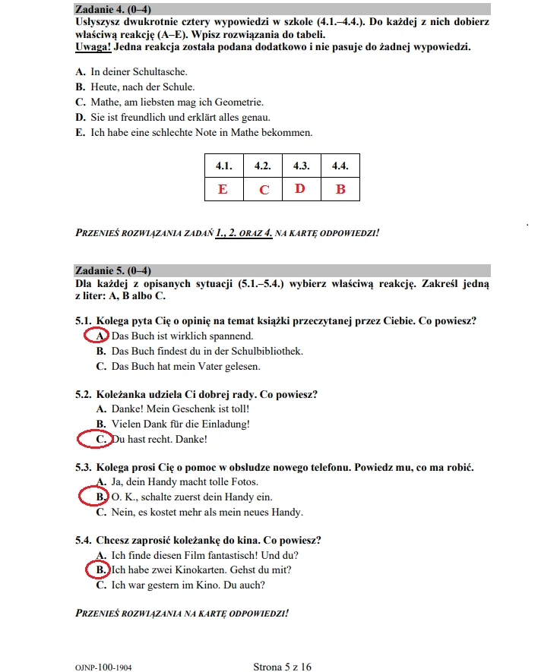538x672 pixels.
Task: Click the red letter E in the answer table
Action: click(x=223, y=189)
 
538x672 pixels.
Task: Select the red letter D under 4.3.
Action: click(x=300, y=188)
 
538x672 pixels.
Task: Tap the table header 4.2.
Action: click(x=263, y=166)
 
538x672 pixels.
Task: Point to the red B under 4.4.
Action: click(x=340, y=189)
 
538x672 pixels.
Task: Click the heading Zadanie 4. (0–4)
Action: click(x=112, y=9)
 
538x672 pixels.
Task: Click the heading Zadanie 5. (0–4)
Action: click(x=112, y=270)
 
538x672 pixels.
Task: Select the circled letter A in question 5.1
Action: click(x=101, y=336)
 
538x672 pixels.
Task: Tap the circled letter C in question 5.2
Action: click(x=101, y=439)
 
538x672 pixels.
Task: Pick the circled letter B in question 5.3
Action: click(x=101, y=497)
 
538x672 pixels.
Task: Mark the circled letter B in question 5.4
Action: click(x=101, y=569)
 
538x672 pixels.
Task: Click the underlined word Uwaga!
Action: click(x=93, y=47)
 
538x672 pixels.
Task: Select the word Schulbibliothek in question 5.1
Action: click(x=266, y=351)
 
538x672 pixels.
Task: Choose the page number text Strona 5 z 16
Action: click(x=282, y=667)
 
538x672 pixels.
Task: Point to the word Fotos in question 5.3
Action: click(x=244, y=481)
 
